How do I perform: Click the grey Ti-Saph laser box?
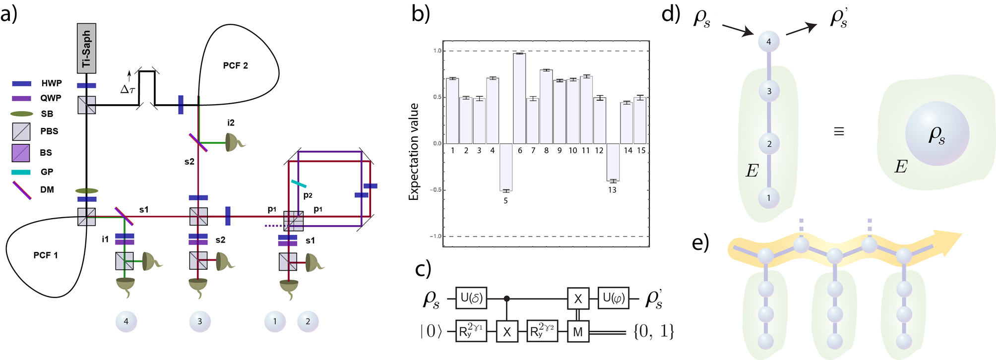click(x=87, y=48)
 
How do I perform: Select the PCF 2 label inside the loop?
click(x=235, y=65)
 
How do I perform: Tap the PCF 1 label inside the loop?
click(x=46, y=255)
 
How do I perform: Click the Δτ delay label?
click(x=128, y=89)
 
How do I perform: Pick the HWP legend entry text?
click(x=52, y=83)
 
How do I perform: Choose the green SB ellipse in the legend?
click(x=22, y=114)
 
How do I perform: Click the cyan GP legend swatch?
click(x=21, y=172)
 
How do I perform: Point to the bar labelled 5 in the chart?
click(x=506, y=167)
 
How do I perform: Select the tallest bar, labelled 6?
click(x=519, y=98)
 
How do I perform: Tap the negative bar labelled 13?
click(x=613, y=162)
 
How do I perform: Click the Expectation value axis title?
click(x=414, y=152)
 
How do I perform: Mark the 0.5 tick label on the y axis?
click(x=436, y=97)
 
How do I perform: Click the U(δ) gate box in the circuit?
click(x=471, y=298)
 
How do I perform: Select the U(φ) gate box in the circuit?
click(x=613, y=298)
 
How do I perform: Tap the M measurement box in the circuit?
click(x=578, y=332)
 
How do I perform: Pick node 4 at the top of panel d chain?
click(x=769, y=42)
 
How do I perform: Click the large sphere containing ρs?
click(x=936, y=134)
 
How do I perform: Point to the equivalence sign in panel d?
click(x=839, y=131)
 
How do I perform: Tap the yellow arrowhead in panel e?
click(x=947, y=242)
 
